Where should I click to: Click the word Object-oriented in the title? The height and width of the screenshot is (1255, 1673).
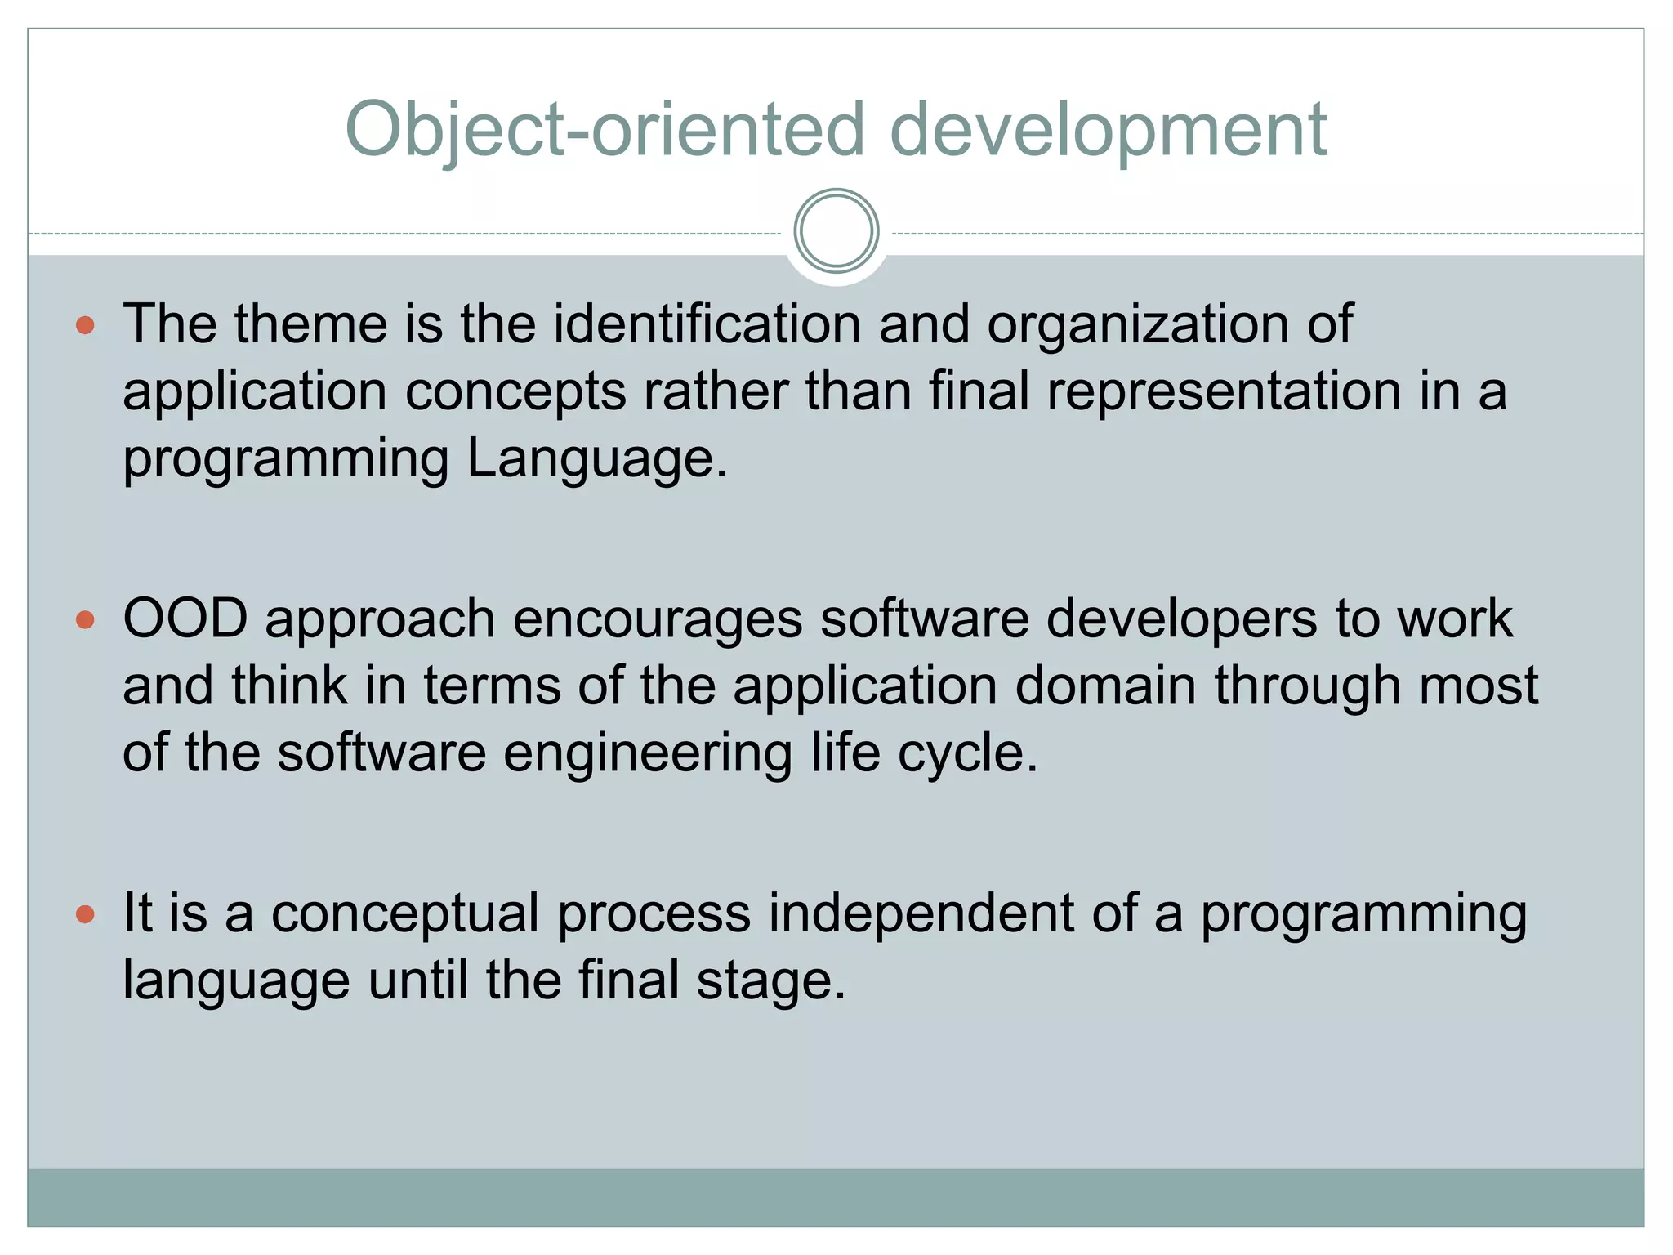tap(605, 131)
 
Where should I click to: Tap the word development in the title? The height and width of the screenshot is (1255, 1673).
tap(1108, 131)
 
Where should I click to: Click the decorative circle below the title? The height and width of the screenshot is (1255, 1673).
tap(836, 231)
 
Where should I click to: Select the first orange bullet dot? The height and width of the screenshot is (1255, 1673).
tap(85, 326)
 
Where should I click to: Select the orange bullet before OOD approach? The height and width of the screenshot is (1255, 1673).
tap(85, 620)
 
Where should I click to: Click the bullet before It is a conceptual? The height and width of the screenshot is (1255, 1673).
tap(85, 914)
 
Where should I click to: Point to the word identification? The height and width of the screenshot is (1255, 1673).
tap(707, 324)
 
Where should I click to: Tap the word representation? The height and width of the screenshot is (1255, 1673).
tap(1224, 391)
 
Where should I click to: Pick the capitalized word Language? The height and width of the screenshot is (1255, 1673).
tap(596, 458)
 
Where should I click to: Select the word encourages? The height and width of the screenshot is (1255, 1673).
tap(658, 619)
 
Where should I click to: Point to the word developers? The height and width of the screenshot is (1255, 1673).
tap(1181, 619)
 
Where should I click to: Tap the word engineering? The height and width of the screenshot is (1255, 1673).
tap(647, 753)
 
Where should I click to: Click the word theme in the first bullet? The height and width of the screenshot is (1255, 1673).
tap(310, 324)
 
